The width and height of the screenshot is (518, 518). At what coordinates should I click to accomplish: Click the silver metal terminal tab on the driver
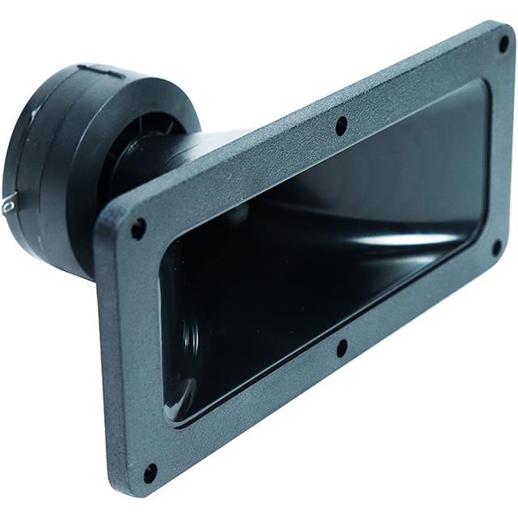(x=8, y=206)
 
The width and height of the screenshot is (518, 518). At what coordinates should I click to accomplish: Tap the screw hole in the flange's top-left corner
(x=138, y=228)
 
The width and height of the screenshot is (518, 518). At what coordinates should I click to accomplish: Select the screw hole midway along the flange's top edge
(x=342, y=125)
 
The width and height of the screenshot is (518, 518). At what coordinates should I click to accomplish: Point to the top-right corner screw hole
(x=503, y=43)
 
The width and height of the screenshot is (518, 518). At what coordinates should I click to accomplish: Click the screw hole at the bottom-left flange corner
(x=150, y=472)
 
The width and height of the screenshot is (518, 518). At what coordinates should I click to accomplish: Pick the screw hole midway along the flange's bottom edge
(x=342, y=347)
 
